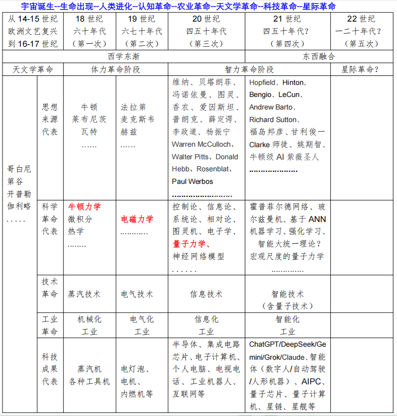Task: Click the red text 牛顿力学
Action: pos(84,206)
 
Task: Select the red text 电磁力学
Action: pos(137,219)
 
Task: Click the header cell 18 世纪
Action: pos(89,19)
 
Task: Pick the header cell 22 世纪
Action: pos(361,19)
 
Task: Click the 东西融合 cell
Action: pos(319,56)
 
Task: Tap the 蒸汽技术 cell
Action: pos(84,294)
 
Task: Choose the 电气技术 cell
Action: pos(137,294)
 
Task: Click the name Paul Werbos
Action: pos(192,181)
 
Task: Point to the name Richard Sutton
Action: pos(273,120)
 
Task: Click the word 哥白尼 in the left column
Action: pos(19,168)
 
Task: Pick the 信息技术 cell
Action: pos(206,294)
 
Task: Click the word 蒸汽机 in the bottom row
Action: pos(89,369)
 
